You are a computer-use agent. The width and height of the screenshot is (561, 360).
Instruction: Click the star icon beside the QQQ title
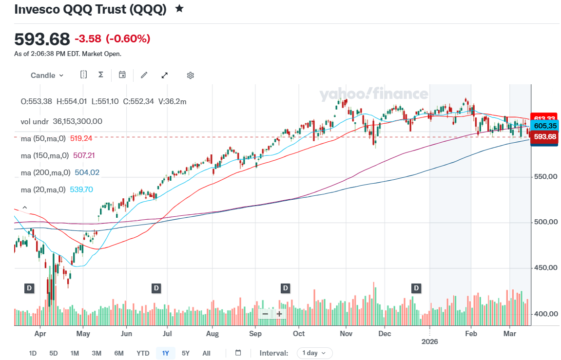point(179,9)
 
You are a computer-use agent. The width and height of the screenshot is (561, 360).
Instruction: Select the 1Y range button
point(165,353)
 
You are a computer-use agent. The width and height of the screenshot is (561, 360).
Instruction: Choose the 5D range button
point(54,353)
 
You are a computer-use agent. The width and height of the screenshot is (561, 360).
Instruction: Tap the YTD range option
point(143,353)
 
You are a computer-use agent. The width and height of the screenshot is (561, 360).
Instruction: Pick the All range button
point(206,353)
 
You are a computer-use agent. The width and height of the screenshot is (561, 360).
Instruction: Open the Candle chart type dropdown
point(47,75)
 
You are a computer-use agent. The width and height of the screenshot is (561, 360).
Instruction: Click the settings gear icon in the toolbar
point(191,75)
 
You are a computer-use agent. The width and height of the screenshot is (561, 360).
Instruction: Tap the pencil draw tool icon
point(144,75)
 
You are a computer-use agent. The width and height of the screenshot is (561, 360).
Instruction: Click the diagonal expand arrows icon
point(165,75)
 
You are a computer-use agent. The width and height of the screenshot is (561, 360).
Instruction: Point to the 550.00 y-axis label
point(545,176)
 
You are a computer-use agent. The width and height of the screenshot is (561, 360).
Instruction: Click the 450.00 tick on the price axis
point(545,268)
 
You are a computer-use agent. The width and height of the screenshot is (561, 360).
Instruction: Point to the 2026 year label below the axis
point(429,341)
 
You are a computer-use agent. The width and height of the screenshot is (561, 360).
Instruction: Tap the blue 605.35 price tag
point(545,126)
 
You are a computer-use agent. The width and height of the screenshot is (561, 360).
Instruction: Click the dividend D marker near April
point(29,288)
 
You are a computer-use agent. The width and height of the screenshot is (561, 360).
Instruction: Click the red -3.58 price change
point(88,38)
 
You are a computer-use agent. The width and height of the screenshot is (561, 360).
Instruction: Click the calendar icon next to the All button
point(238,353)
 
